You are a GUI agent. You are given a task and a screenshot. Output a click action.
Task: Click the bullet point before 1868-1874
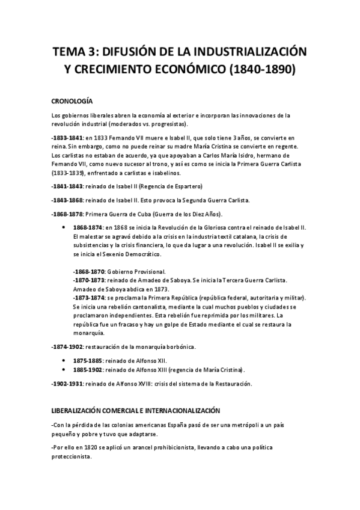pos(64,229)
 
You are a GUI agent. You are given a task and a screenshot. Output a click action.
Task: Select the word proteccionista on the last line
pos(72,456)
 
